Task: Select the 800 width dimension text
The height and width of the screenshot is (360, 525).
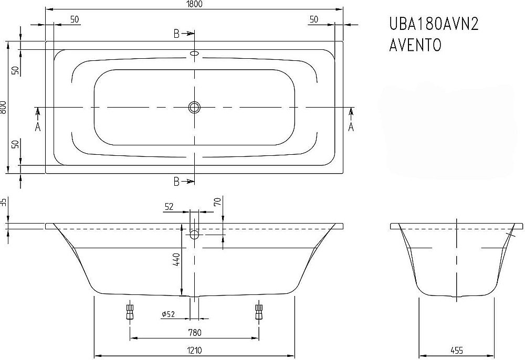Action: (4, 108)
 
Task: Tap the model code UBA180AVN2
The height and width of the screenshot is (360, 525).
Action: (433, 24)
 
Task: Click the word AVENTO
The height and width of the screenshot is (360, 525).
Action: (415, 46)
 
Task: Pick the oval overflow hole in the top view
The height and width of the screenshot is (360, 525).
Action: (195, 54)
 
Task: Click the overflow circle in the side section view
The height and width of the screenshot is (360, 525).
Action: (195, 234)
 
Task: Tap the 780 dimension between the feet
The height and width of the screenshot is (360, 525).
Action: (195, 332)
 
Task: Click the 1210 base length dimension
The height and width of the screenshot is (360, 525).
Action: (195, 351)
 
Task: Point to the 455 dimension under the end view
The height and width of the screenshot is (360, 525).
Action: (456, 351)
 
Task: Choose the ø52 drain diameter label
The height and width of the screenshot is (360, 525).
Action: (168, 314)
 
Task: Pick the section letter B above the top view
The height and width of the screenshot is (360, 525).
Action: (177, 34)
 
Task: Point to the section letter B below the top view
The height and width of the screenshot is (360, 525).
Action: (177, 182)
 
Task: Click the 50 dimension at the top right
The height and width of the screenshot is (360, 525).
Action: (314, 19)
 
